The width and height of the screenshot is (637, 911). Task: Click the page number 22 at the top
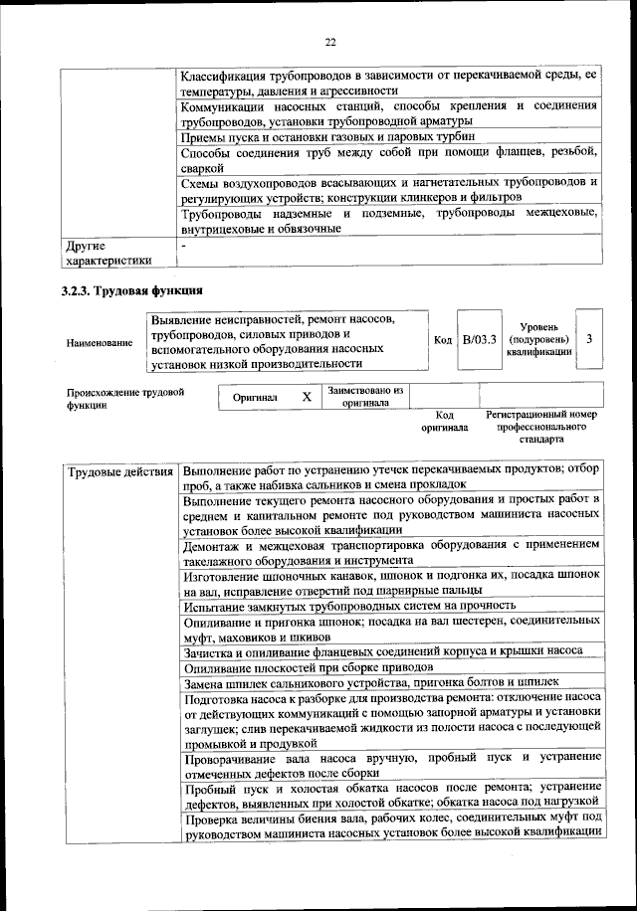(x=329, y=41)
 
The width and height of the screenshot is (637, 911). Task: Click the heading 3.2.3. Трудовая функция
(x=132, y=292)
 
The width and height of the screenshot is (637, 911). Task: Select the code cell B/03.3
(x=480, y=339)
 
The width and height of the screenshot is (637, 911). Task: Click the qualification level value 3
(x=590, y=339)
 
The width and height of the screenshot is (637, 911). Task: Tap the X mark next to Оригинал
(x=307, y=397)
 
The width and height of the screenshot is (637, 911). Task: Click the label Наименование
(x=100, y=343)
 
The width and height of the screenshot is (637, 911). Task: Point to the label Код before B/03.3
(x=443, y=340)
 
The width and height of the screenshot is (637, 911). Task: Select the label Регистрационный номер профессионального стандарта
(x=540, y=426)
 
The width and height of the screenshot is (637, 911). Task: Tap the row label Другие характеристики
(x=108, y=253)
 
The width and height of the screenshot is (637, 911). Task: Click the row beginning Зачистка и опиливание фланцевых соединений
(x=382, y=651)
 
